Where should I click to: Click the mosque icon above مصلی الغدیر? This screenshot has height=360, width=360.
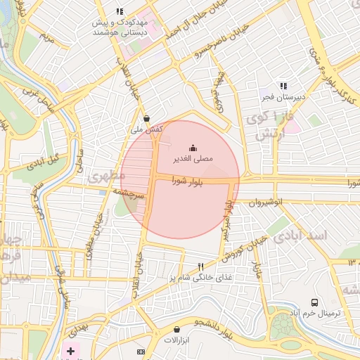(193, 148)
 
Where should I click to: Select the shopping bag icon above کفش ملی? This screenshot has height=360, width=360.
(146, 118)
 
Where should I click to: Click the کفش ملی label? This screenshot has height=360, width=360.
(148, 129)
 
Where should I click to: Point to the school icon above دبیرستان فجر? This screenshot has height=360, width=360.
(283, 85)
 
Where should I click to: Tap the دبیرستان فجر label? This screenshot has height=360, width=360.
(279, 96)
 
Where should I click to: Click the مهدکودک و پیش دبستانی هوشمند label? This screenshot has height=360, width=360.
(120, 27)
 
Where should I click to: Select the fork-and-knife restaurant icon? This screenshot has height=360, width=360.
(200, 266)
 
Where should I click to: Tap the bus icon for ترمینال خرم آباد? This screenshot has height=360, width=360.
(314, 300)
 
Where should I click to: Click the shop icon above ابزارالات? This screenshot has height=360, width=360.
(176, 328)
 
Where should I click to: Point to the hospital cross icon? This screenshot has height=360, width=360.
(70, 350)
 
